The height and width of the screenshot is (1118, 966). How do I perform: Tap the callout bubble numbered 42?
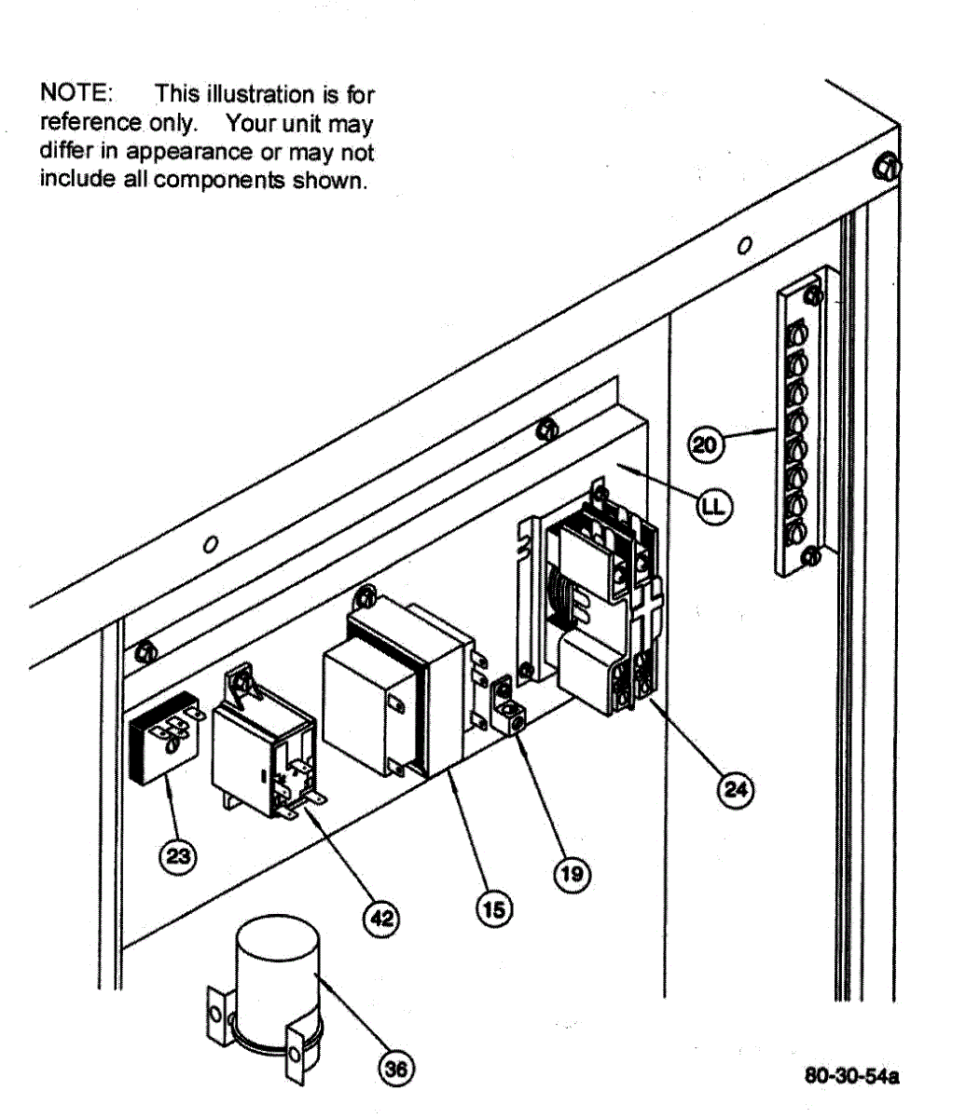[380, 919]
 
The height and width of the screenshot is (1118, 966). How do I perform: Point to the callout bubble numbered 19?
[572, 873]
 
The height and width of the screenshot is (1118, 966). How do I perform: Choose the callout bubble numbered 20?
[705, 444]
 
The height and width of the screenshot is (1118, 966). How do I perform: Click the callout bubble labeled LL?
[715, 506]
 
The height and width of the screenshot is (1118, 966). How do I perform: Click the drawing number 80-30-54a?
[852, 1077]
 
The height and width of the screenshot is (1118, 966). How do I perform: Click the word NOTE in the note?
[76, 94]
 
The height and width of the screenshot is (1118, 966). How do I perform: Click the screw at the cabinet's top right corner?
[885, 167]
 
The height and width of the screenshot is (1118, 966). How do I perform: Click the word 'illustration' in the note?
[245, 94]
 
